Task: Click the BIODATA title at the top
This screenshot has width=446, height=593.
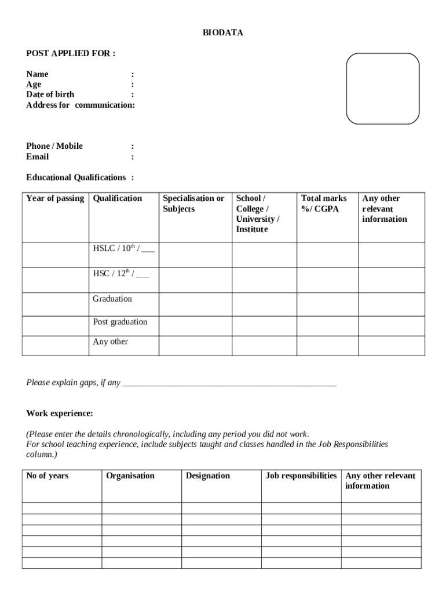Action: pos(222,33)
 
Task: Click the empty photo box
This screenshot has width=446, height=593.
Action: pos(382,89)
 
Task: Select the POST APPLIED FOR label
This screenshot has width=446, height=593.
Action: pos(71,54)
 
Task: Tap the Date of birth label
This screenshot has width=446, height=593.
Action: pos(50,94)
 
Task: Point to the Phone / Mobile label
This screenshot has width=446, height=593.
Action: pos(54,146)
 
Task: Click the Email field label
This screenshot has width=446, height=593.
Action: pos(38,157)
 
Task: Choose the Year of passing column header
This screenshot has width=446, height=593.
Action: pos(55,199)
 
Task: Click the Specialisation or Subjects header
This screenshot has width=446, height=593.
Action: pos(193,204)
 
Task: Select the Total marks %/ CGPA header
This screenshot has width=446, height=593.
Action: pos(324,204)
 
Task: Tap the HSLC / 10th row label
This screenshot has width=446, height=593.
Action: pos(123,249)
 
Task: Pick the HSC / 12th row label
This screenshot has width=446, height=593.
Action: pos(120,274)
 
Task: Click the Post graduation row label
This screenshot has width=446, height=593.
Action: pos(120,322)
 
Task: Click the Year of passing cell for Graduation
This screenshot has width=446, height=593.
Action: pos(55,304)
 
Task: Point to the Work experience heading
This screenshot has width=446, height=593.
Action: pos(59,413)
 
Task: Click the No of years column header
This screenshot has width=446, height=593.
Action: pos(47,476)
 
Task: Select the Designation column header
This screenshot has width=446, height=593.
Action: pos(208,476)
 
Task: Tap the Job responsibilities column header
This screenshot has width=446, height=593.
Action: pos(301,476)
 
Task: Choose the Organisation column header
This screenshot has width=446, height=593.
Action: pos(130,476)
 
